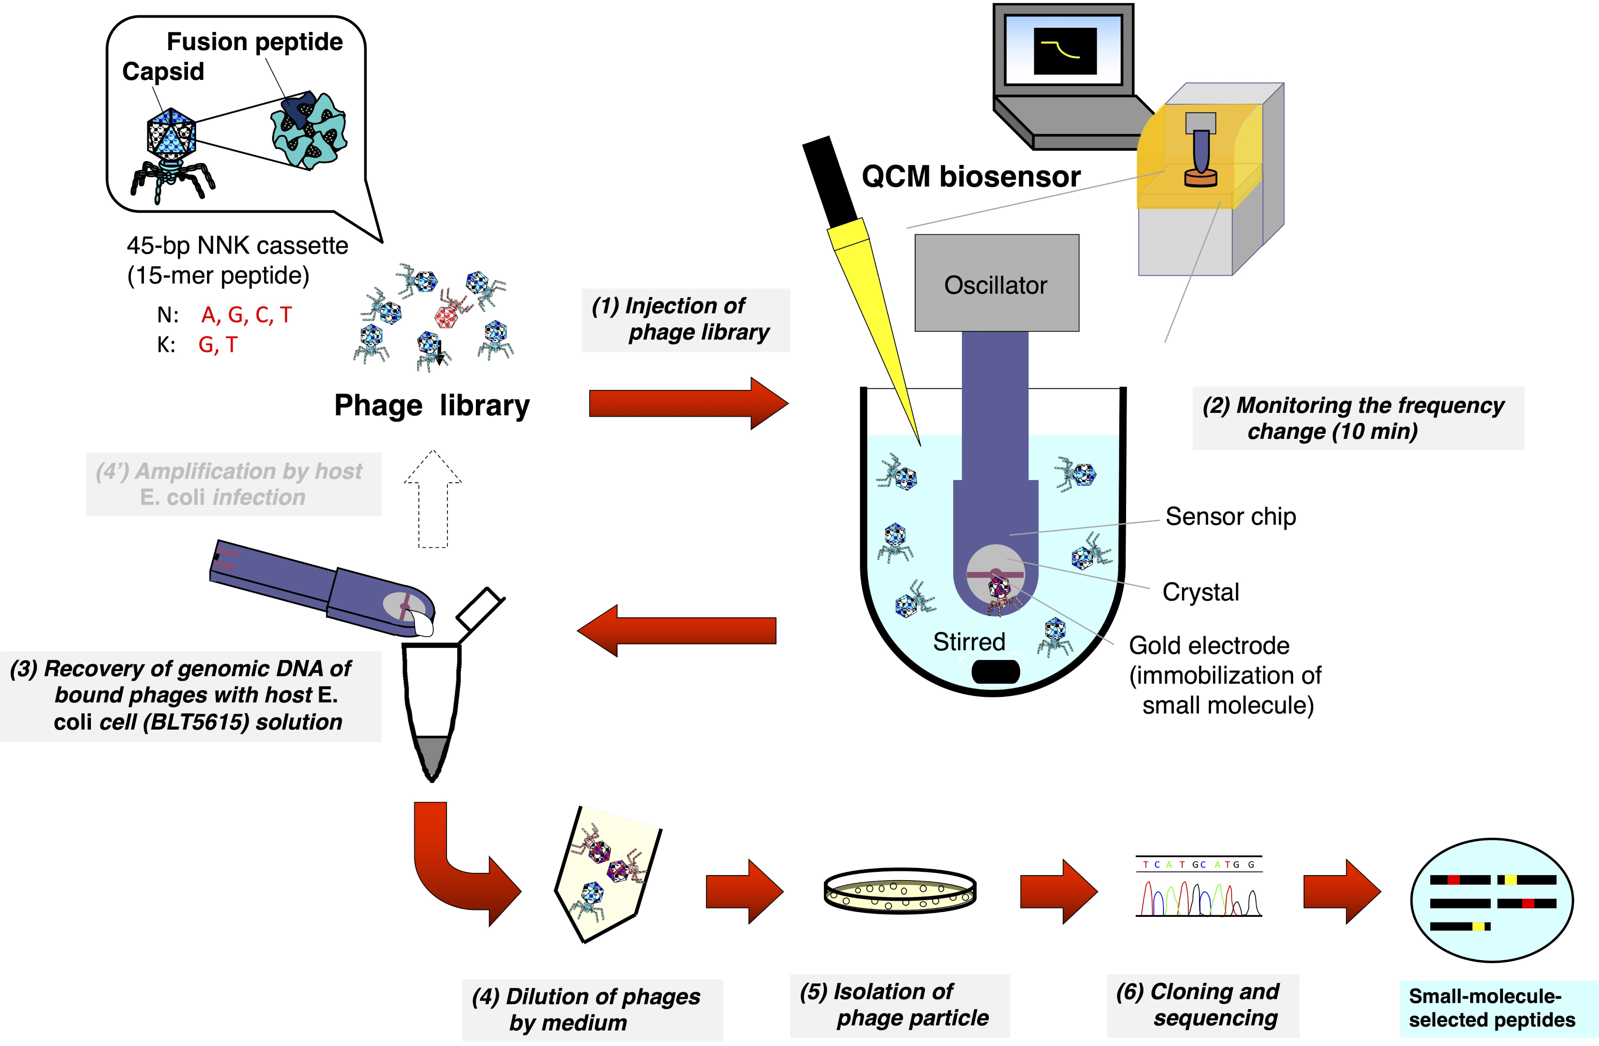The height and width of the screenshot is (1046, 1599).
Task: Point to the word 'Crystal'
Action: [1201, 592]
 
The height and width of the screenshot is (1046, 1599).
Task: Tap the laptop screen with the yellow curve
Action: [1065, 51]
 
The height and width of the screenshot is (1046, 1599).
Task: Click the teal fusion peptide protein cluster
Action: [311, 130]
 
